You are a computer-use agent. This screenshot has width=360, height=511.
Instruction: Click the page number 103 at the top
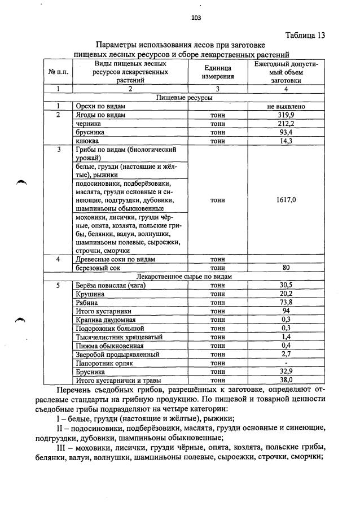pyautogui.click(x=196, y=18)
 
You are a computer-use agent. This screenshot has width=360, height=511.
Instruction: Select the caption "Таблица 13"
pyautogui.click(x=305, y=35)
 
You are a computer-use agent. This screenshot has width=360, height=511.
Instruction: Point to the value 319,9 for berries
pyautogui.click(x=286, y=115)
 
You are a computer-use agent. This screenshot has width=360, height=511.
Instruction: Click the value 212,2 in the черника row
pyautogui.click(x=286, y=123)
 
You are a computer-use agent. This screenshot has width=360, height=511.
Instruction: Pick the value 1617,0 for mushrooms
pyautogui.click(x=286, y=200)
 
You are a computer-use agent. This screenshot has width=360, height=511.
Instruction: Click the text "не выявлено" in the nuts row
pyautogui.click(x=286, y=106)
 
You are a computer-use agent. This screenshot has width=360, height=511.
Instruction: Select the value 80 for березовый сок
pyautogui.click(x=286, y=268)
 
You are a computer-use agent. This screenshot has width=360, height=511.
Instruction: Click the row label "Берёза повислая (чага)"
pyautogui.click(x=111, y=285)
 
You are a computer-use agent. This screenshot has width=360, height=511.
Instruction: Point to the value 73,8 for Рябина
pyautogui.click(x=286, y=303)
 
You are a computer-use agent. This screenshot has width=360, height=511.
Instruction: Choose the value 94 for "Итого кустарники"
pyautogui.click(x=286, y=311)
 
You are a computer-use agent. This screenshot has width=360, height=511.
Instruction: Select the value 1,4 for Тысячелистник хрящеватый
pyautogui.click(x=286, y=337)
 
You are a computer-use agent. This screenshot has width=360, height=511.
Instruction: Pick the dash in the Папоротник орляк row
pyautogui.click(x=286, y=363)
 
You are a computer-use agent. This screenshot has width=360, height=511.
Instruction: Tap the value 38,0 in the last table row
pyautogui.click(x=286, y=381)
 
